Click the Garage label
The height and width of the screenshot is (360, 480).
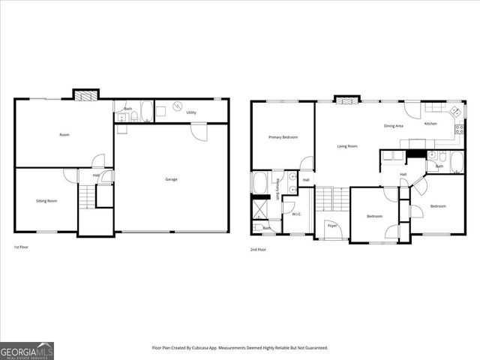pyautogui.click(x=171, y=179)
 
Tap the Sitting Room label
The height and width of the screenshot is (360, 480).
pyautogui.click(x=46, y=201)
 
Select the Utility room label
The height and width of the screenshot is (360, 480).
pyautogui.click(x=191, y=112)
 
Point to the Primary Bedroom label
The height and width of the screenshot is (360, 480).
pyautogui.click(x=283, y=137)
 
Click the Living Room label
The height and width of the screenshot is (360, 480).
pyautogui.click(x=347, y=146)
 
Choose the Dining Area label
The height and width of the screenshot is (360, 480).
pyautogui.click(x=394, y=125)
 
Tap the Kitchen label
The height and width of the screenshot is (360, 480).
pyautogui.click(x=430, y=123)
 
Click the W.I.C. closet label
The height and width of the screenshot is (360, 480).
pyautogui.click(x=296, y=214)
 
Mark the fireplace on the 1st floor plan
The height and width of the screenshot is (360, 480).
pyautogui.click(x=85, y=95)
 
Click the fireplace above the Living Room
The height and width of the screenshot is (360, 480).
pyautogui.click(x=345, y=100)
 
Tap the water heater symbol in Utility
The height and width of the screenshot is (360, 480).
pyautogui.click(x=178, y=106)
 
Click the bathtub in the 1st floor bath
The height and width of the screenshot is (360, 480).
pyautogui.click(x=147, y=111)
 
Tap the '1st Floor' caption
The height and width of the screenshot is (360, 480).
pyautogui.click(x=22, y=247)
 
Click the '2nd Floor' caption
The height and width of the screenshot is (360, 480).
pyautogui.click(x=258, y=249)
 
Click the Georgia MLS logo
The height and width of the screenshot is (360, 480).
pyautogui.click(x=27, y=350)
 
